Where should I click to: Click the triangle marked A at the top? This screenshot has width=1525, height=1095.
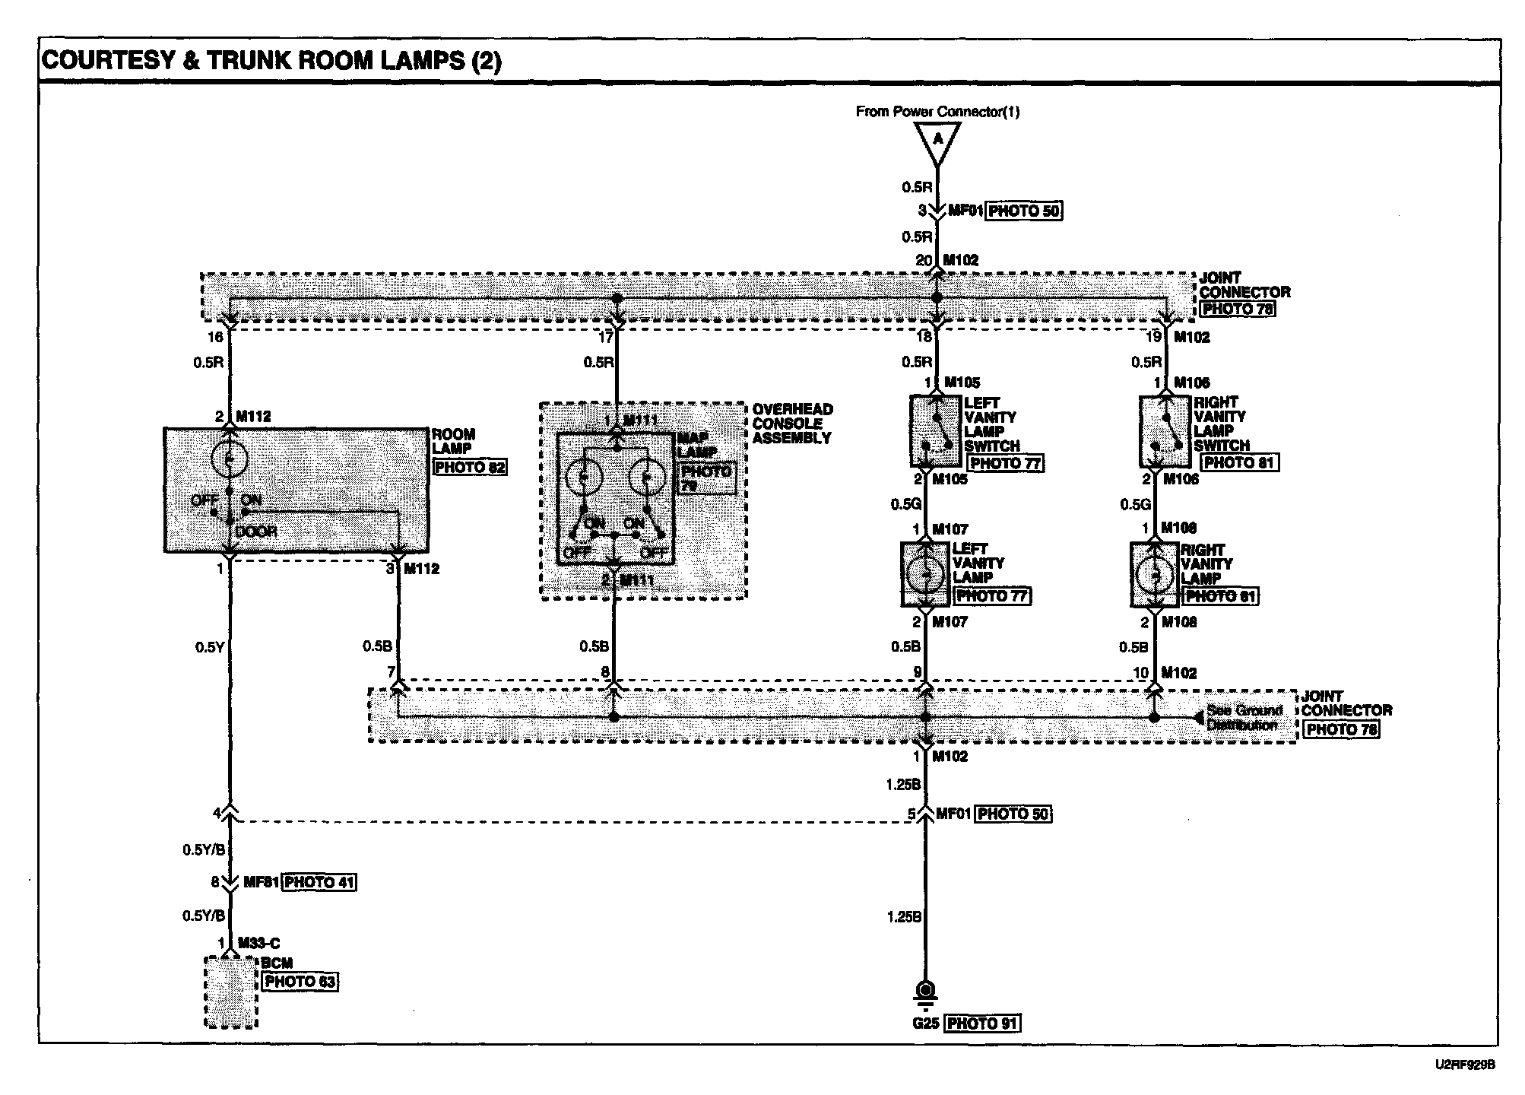tap(937, 141)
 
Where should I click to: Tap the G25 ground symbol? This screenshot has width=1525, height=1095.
tap(925, 992)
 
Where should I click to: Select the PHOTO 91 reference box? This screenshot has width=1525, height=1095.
tap(981, 1024)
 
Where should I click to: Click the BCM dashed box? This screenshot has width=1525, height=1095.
tap(231, 992)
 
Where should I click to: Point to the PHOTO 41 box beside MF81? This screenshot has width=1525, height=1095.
tap(319, 883)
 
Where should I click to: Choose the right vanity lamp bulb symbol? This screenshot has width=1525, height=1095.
tap(1155, 574)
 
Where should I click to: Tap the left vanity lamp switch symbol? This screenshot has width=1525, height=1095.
tap(936, 430)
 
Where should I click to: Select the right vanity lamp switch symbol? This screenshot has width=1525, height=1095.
tap(1164, 430)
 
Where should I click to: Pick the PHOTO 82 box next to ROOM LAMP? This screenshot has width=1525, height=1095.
tap(469, 467)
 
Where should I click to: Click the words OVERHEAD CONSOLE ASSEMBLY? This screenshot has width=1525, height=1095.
tap(792, 424)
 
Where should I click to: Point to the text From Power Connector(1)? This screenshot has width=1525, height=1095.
tap(937, 112)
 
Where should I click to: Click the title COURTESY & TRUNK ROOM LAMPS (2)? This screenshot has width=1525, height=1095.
tap(271, 61)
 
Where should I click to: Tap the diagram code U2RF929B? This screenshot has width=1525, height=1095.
tap(1465, 1065)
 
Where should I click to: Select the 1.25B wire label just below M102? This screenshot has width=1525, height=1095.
tap(905, 784)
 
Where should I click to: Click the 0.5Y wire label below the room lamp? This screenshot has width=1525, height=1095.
tap(209, 647)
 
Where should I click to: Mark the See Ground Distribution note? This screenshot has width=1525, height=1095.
tap(1244, 717)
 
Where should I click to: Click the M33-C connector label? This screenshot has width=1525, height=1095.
tap(258, 944)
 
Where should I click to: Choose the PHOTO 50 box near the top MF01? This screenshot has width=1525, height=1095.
tap(1023, 211)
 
